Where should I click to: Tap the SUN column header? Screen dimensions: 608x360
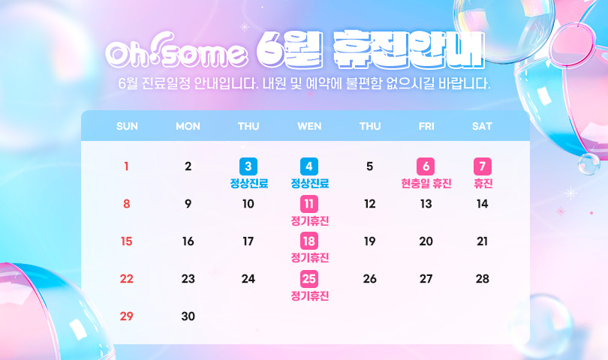click(x=127, y=126)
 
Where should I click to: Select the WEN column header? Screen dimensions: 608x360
click(x=309, y=126)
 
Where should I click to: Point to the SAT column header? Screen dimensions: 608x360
click(x=482, y=126)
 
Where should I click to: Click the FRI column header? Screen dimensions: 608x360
click(x=426, y=126)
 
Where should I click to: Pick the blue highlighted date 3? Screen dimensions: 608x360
click(x=248, y=166)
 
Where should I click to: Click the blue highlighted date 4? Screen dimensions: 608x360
click(x=309, y=166)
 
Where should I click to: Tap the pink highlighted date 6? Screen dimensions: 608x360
click(x=426, y=166)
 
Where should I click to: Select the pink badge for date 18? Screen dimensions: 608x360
click(x=309, y=241)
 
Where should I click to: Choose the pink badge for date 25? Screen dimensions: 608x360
click(x=309, y=278)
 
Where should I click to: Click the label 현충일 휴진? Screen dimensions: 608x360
click(x=426, y=183)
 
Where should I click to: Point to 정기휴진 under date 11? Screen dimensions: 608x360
click(x=310, y=221)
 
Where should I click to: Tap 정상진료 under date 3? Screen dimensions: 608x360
click(x=249, y=183)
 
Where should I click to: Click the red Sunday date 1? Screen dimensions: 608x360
click(x=126, y=166)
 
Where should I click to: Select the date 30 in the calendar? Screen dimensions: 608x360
click(x=188, y=316)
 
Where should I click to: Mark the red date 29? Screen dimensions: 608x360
click(x=126, y=316)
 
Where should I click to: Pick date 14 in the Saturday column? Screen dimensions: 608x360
click(x=482, y=204)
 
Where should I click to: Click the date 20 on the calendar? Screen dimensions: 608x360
click(x=426, y=241)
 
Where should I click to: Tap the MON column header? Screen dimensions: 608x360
click(x=188, y=126)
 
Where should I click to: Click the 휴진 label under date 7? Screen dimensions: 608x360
click(x=483, y=183)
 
